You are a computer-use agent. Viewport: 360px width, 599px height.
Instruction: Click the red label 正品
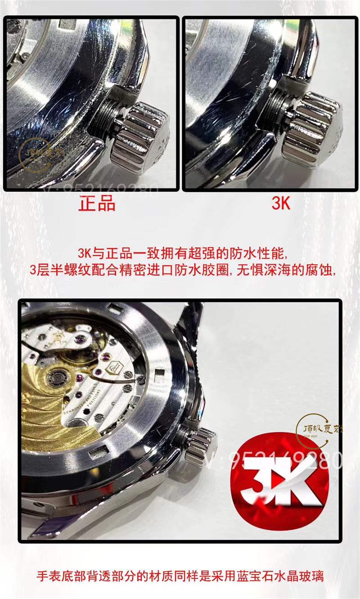point(97,203)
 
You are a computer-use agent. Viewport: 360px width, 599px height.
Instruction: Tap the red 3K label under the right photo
point(281,203)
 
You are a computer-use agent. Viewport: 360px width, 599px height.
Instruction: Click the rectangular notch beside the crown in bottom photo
point(158,373)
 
